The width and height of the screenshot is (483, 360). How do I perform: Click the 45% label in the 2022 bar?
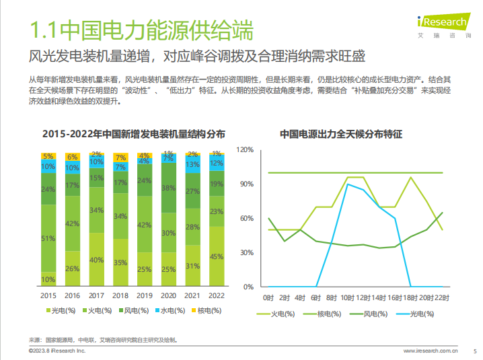click(x=217, y=256)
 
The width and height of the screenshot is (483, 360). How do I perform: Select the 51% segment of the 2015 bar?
click(x=48, y=238)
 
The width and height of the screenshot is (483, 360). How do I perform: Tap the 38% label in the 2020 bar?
click(x=168, y=189)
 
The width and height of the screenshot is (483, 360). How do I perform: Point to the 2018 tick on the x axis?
click(x=120, y=295)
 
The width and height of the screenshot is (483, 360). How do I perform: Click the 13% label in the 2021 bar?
click(x=192, y=164)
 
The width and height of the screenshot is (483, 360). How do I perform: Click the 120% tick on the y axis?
click(x=245, y=149)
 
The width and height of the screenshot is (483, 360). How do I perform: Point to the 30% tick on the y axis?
click(x=247, y=252)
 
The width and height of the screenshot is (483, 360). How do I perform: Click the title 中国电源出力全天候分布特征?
click(x=341, y=135)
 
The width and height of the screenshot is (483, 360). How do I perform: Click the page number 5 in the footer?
click(x=475, y=351)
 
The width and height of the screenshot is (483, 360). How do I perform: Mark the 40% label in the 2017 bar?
click(x=97, y=260)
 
